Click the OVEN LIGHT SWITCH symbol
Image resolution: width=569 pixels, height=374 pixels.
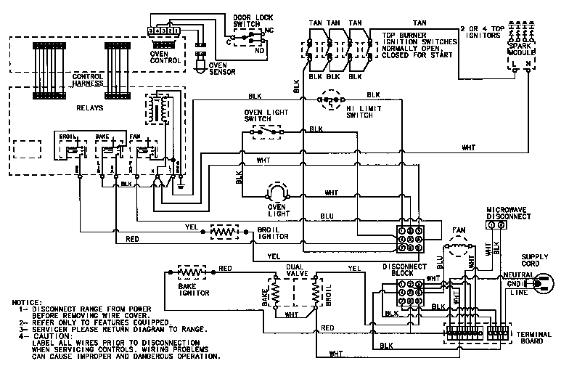point(266,133)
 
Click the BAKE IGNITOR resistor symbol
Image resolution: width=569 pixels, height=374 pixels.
point(192,272)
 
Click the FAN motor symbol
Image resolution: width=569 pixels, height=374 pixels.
point(457,251)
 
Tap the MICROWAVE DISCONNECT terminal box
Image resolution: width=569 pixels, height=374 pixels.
point(498,226)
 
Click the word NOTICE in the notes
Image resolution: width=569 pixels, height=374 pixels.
point(26,301)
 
